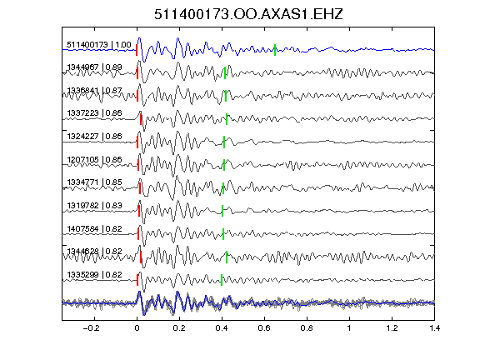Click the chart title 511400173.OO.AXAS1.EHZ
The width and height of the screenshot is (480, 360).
248,14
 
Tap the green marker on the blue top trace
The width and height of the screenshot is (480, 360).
275,50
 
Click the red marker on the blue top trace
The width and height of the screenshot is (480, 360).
137,50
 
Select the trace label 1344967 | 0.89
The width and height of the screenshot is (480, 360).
94,67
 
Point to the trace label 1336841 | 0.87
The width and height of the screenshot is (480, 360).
94,91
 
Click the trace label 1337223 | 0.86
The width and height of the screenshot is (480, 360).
94,113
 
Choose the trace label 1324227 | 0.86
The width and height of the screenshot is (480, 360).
94,136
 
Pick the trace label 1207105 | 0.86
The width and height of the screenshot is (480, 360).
94,159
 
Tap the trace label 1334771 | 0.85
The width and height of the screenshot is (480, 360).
94,182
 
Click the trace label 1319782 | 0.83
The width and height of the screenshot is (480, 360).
94,205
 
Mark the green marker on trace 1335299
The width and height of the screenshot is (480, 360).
222,280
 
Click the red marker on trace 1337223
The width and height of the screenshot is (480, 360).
141,119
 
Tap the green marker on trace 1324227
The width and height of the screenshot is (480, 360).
224,142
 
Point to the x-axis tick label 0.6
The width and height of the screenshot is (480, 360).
264,328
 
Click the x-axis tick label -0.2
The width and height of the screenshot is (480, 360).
92,328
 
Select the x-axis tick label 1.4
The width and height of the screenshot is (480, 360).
434,328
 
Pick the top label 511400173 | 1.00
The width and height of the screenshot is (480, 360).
99,45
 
